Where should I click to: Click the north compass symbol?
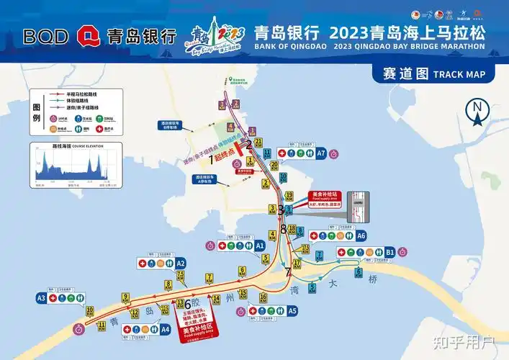point(477,111)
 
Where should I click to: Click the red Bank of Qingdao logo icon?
point(89,35)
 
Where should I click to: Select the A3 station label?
point(41,297)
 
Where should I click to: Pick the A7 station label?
point(321,153)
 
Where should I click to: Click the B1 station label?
point(389,252)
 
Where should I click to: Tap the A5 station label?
point(292,311)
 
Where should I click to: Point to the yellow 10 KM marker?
point(90,311)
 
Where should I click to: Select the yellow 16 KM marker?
point(263,297)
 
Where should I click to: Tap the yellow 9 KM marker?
point(125,297)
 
